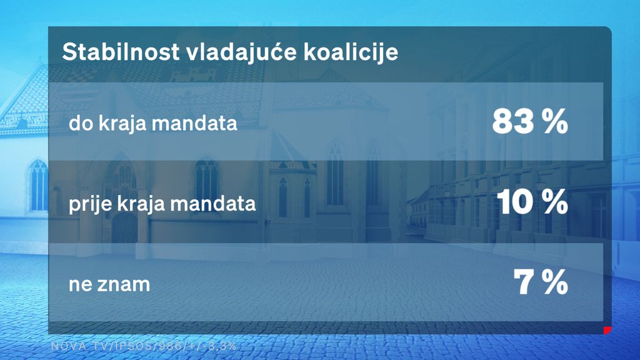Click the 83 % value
529,122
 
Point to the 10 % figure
532,202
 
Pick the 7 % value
540,283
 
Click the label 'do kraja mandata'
152,124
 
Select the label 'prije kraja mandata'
162,204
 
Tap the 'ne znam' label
109,285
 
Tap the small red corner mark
606,330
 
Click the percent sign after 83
554,122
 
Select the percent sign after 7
554,283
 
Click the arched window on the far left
38,184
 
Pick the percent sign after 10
554,202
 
